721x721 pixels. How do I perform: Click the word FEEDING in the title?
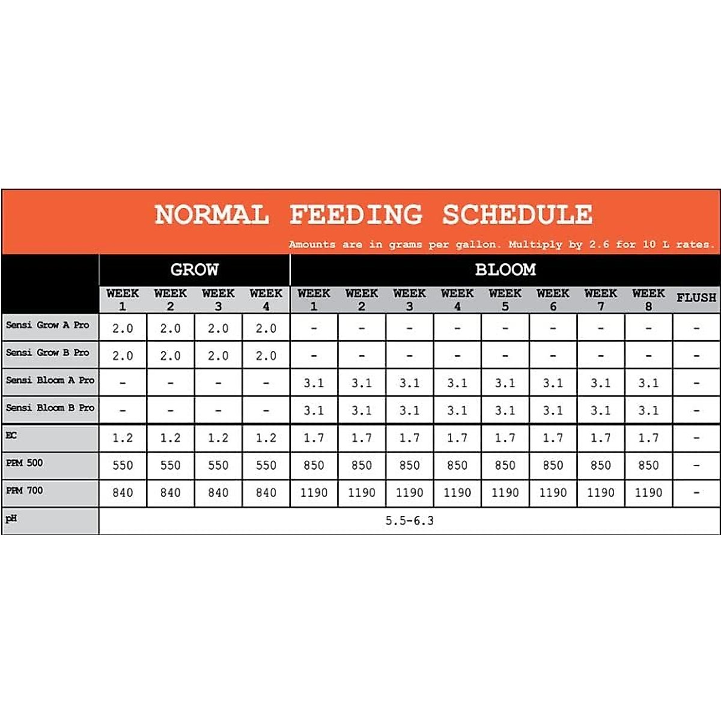356,214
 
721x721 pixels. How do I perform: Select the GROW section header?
194,270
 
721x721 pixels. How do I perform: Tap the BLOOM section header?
505,270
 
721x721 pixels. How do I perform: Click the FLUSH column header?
696,297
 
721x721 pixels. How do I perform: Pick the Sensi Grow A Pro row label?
47,325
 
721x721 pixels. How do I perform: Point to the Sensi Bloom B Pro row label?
50,407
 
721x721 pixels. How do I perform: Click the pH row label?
11,519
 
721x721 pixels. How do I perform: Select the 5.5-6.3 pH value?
409,520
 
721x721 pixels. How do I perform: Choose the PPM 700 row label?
25,490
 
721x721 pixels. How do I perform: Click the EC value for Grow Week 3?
218,438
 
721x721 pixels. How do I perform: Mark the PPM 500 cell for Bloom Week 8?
648,466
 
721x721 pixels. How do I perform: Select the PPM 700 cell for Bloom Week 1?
314,493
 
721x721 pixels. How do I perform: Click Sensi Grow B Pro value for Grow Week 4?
266,356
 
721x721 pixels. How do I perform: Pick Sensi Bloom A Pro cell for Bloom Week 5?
505,383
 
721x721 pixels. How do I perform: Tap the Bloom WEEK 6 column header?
553,299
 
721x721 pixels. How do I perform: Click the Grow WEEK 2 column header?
170,299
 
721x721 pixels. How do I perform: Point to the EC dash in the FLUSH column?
696,438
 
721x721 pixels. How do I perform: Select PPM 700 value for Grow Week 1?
123,493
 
